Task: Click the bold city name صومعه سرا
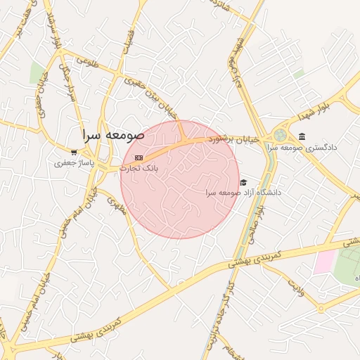coord(112,133)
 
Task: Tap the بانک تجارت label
coord(139,168)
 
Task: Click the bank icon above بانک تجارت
coord(139,157)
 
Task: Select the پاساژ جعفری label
coord(73,162)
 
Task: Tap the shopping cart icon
coord(74,152)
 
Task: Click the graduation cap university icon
coord(243,182)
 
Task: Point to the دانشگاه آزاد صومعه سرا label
coord(243,192)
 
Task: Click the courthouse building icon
coord(302,136)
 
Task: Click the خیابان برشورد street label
coord(236,139)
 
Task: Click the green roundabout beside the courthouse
coord(281,133)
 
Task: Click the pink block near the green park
coord(325,262)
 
